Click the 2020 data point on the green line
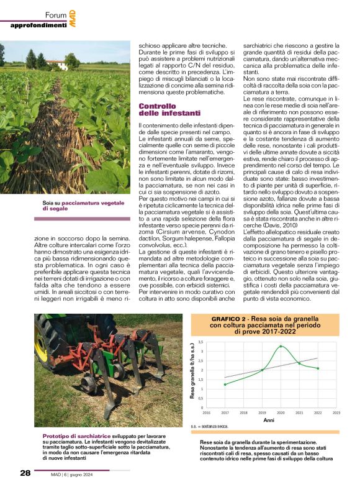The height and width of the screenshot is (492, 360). point(281,346)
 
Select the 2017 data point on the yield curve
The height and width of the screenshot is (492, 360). point(225,385)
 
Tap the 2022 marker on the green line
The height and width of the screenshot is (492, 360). point(318,368)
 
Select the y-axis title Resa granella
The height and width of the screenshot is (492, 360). point(192,375)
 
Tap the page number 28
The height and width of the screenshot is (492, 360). point(25,473)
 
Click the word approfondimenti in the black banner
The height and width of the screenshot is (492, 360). point(38,25)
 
